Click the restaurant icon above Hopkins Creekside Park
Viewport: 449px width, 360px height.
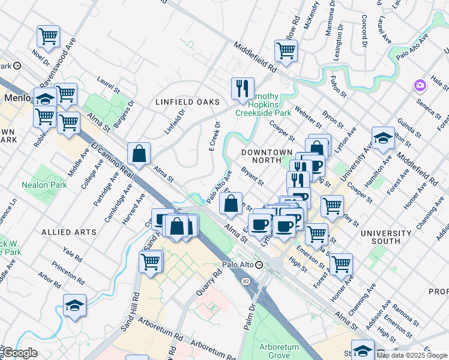(243, 89)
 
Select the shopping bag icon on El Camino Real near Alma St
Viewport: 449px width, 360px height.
(139, 154)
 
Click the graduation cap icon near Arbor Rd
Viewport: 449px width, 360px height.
(74, 305)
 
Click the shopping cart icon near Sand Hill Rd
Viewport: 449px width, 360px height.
(150, 261)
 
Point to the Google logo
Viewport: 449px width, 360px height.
(20, 353)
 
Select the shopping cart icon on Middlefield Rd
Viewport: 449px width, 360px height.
(286, 51)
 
